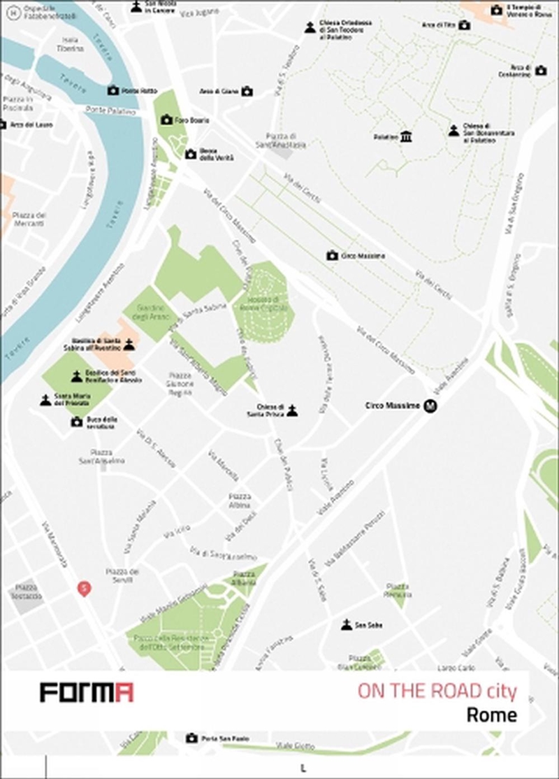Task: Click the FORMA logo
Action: [x=86, y=692]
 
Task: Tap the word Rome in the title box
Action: [x=492, y=715]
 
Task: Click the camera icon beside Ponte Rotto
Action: [x=112, y=91]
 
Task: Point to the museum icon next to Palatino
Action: [x=406, y=137]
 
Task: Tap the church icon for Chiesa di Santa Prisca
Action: [x=292, y=410]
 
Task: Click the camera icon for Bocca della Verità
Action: [x=191, y=154]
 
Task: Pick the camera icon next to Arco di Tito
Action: [x=464, y=25]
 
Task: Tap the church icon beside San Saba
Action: [x=346, y=624]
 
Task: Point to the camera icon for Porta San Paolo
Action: [x=191, y=738]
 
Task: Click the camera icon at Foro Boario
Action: [x=166, y=120]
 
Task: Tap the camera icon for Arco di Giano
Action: [x=246, y=92]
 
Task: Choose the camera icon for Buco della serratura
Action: [x=76, y=422]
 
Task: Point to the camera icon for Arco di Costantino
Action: [x=540, y=71]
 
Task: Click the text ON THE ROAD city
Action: [x=437, y=692]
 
